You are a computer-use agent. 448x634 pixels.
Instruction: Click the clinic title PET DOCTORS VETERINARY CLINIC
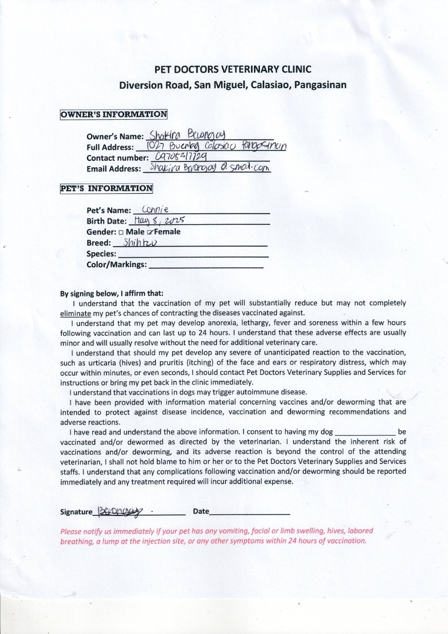point(232,69)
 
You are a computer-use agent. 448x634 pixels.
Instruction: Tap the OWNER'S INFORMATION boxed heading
point(113,114)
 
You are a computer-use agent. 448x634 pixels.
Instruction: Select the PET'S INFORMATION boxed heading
point(106,188)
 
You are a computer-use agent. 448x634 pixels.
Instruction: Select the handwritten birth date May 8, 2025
point(159,220)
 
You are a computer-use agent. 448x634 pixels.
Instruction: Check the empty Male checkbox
point(121,232)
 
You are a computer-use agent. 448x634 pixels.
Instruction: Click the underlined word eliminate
point(75,313)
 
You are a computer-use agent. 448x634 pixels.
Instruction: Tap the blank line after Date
point(250,512)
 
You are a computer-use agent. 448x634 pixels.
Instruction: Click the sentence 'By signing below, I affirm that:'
point(112,294)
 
